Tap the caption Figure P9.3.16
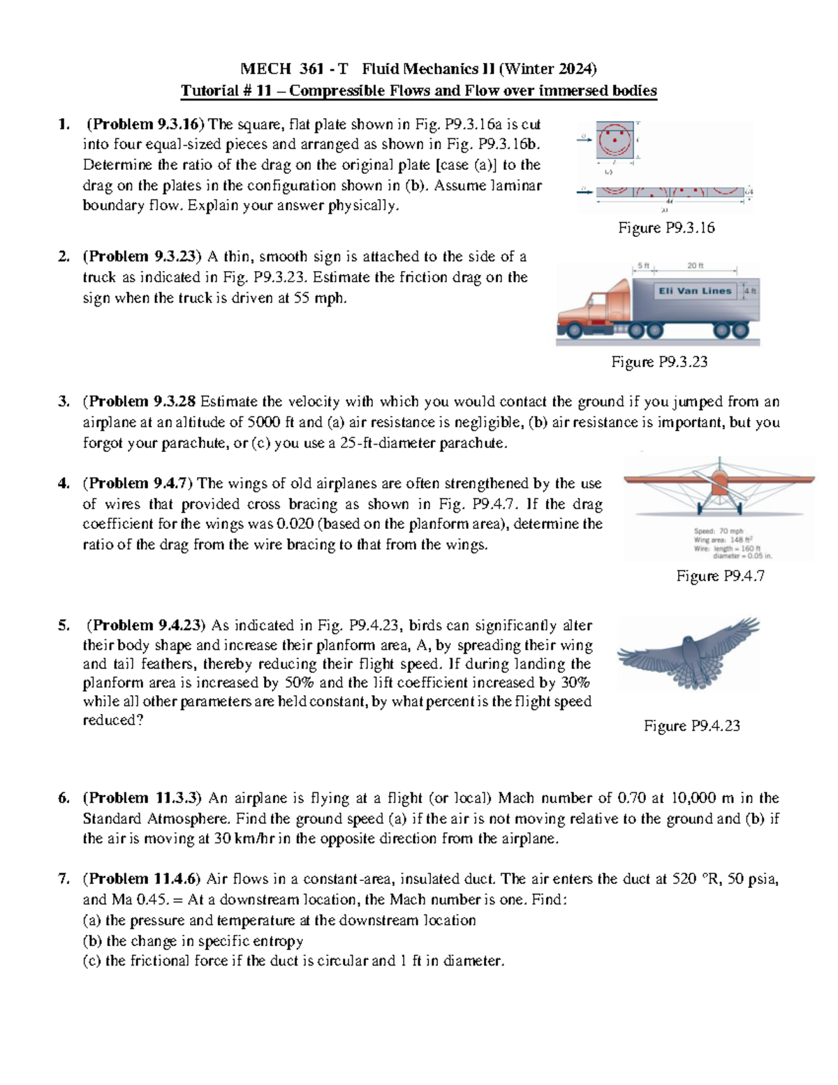[666, 228]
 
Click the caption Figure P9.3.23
[659, 361]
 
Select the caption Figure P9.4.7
[720, 576]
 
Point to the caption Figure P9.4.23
[691, 726]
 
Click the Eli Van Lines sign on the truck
[694, 291]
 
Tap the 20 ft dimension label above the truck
[695, 265]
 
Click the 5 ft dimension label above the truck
[642, 265]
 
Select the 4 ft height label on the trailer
[749, 291]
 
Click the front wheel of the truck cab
[574, 330]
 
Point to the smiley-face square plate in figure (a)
[615, 140]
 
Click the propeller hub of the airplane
[719, 479]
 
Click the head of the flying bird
[689, 641]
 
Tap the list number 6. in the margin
[64, 798]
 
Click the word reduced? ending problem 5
[112, 720]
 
